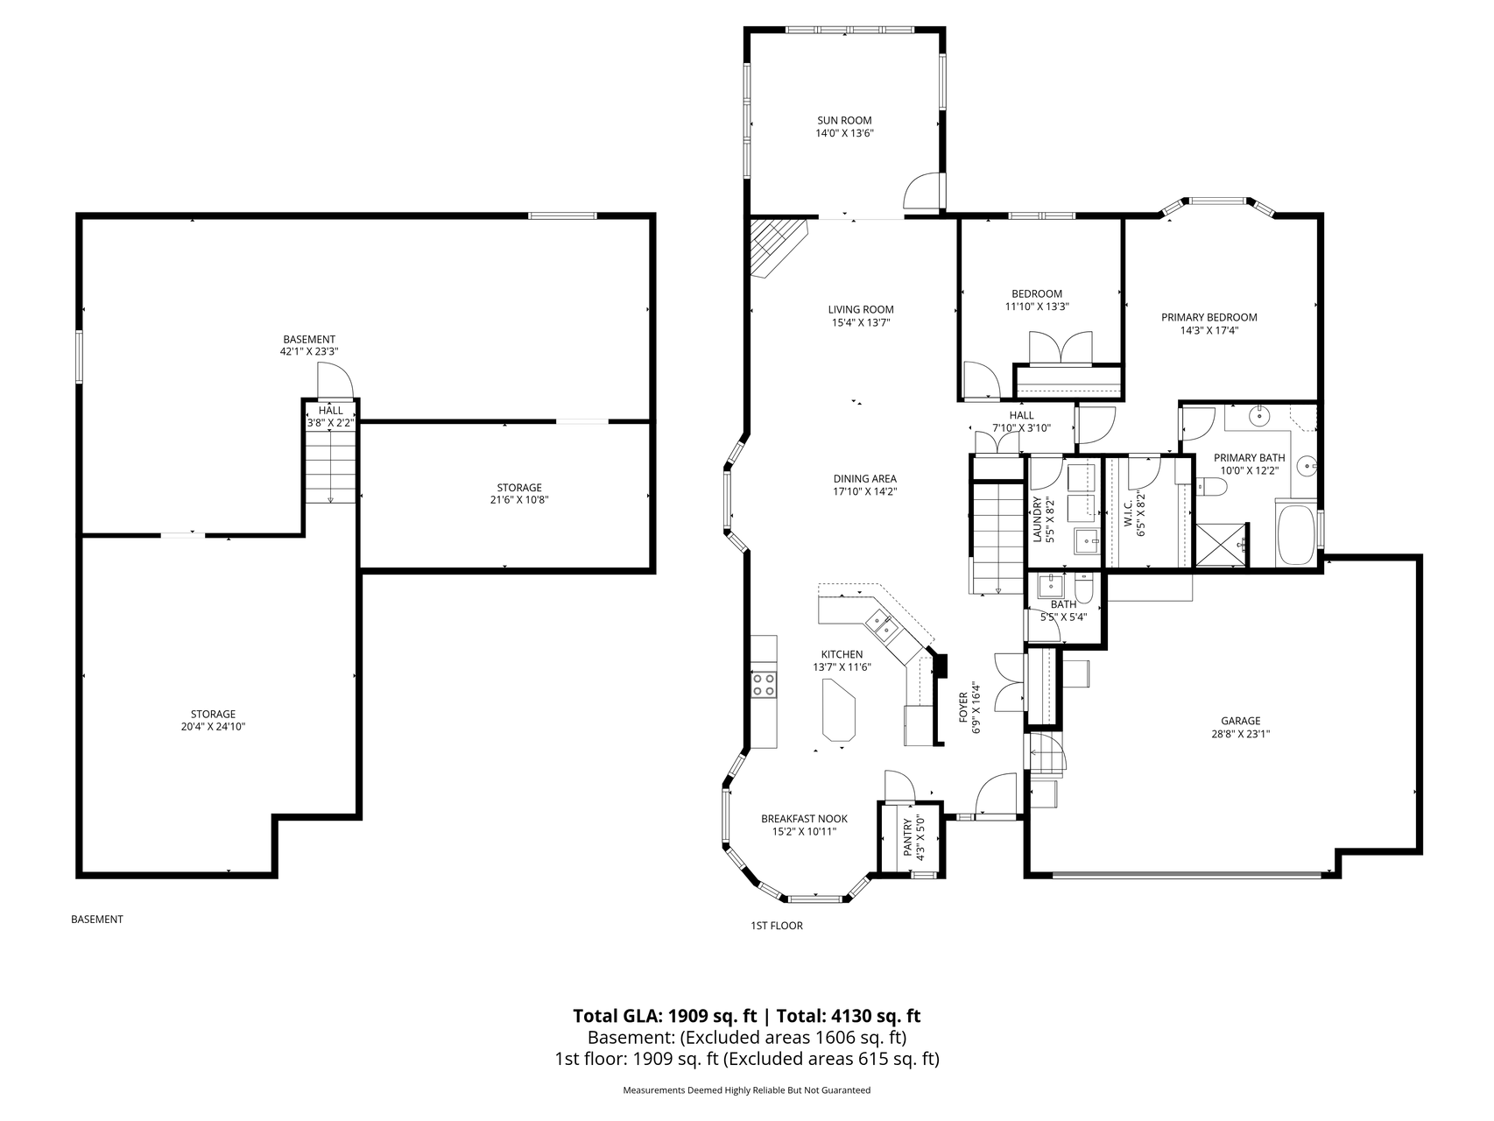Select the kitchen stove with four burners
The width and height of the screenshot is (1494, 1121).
click(764, 684)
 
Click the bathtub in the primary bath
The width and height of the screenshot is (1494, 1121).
click(1297, 533)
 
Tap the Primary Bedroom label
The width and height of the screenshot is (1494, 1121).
click(1209, 318)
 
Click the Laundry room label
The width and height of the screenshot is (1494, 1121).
click(1037, 520)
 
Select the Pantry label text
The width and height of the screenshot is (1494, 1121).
click(907, 838)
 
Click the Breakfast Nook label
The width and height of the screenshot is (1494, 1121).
click(804, 819)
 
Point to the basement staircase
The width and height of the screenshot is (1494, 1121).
click(331, 469)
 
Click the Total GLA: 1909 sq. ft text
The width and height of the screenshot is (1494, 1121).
click(665, 1016)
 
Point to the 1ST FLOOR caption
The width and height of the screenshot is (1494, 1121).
click(776, 926)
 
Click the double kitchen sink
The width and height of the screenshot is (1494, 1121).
click(881, 624)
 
